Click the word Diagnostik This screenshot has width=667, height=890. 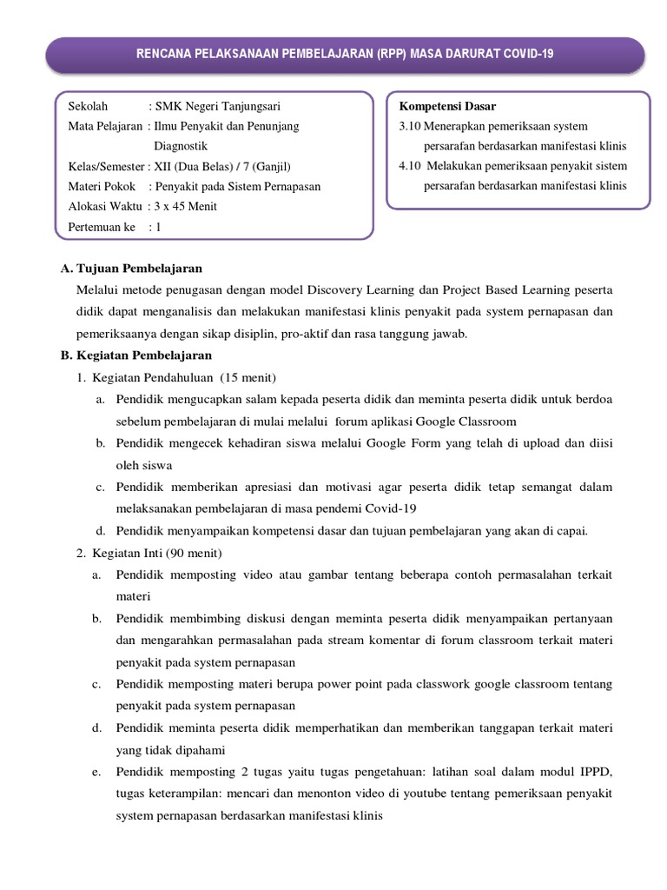[x=181, y=146]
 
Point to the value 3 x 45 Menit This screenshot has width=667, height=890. [x=186, y=206]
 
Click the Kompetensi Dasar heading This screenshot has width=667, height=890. [x=447, y=107]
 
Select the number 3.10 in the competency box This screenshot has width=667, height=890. [x=403, y=127]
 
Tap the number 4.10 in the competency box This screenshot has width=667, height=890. [x=403, y=166]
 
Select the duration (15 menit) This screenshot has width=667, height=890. [x=248, y=377]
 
